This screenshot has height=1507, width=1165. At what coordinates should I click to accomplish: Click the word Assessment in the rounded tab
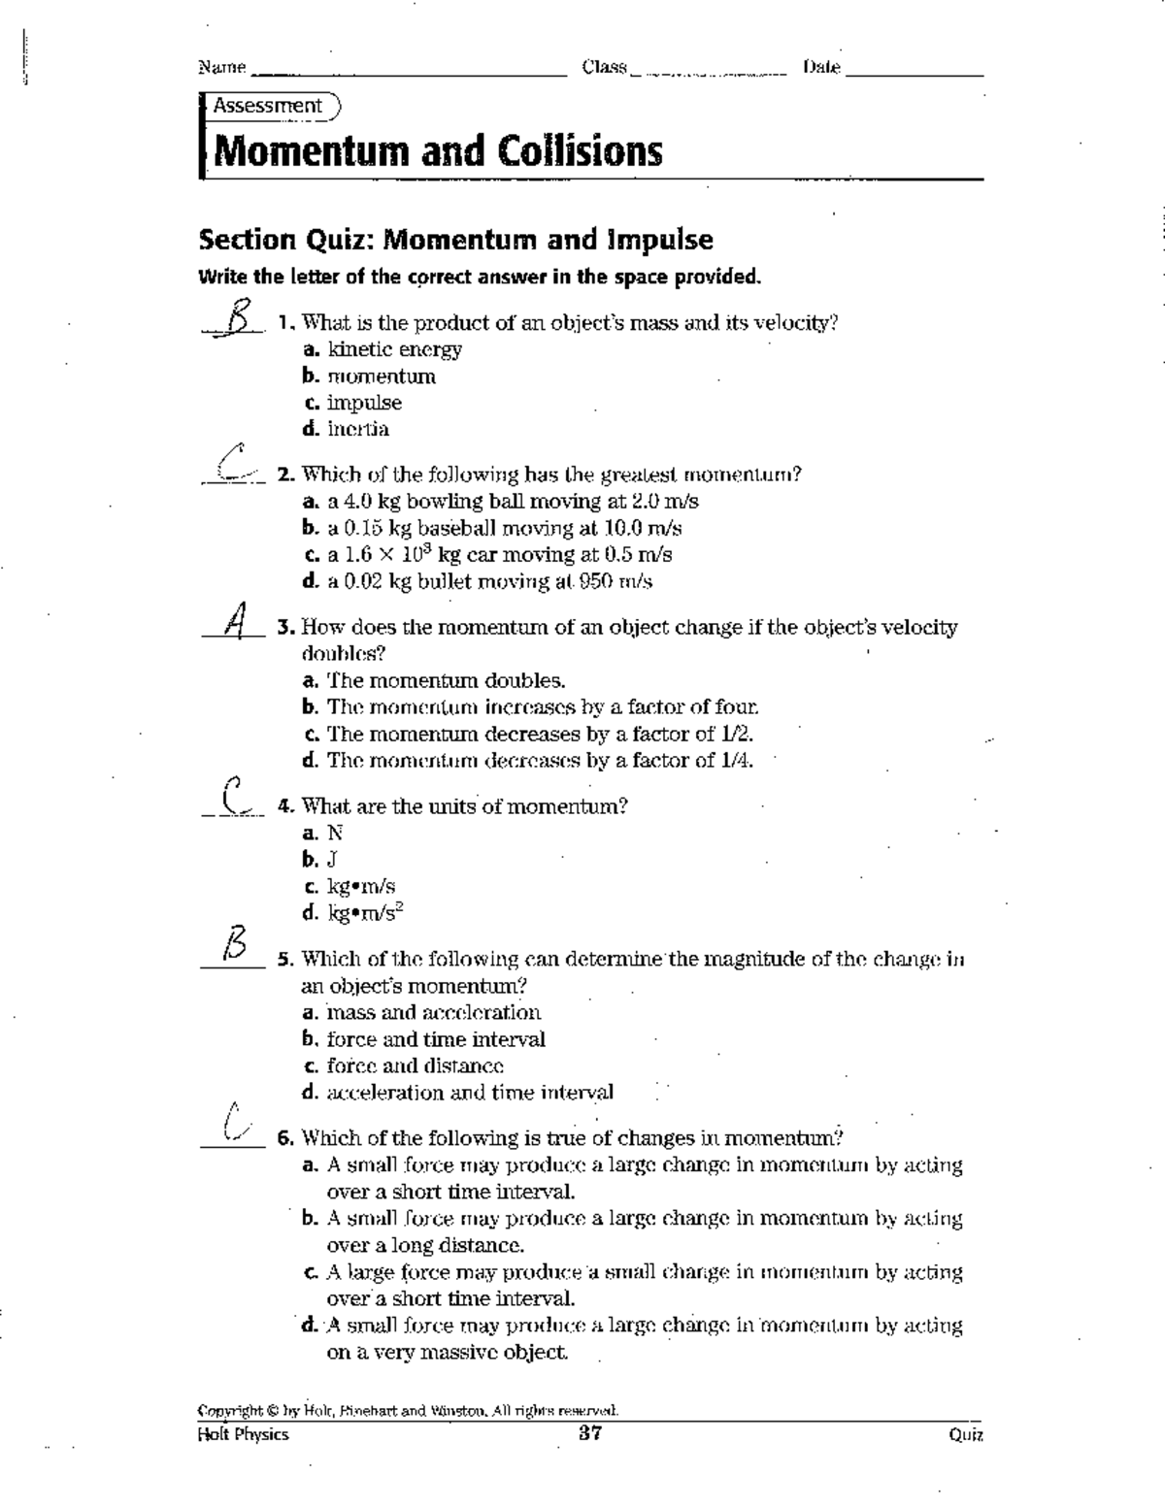[x=268, y=106]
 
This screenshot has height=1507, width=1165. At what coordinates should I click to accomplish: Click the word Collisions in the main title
[x=580, y=151]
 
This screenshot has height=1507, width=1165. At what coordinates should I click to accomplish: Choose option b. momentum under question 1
[x=369, y=377]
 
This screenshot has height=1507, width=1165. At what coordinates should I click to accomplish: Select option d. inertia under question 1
[x=347, y=429]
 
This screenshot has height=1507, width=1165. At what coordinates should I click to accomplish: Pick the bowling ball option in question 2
[x=500, y=502]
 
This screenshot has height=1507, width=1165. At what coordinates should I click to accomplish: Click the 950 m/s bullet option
[x=478, y=582]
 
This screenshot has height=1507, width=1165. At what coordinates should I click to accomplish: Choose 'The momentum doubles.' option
[x=434, y=681]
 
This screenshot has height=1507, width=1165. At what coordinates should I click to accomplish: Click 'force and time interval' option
[x=424, y=1040]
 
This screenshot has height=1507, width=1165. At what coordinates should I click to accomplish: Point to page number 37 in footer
[x=590, y=1433]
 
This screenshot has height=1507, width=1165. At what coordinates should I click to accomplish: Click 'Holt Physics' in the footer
[x=243, y=1434]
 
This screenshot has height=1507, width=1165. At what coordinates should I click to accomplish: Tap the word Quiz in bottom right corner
[x=967, y=1434]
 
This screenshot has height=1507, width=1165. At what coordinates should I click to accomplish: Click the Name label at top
[x=221, y=68]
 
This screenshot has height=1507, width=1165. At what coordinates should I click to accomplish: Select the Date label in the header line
[x=821, y=68]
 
